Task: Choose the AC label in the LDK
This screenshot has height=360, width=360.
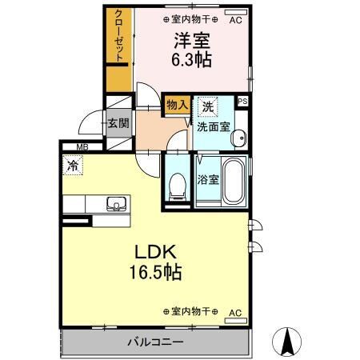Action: click(x=235, y=312)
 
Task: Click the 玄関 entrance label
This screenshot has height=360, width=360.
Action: click(x=118, y=125)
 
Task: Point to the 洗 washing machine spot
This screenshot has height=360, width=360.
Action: click(x=208, y=106)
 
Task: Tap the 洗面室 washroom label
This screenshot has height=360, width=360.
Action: click(x=214, y=125)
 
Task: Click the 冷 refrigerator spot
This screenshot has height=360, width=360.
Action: click(x=73, y=167)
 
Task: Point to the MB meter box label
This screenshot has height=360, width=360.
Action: click(x=82, y=146)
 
